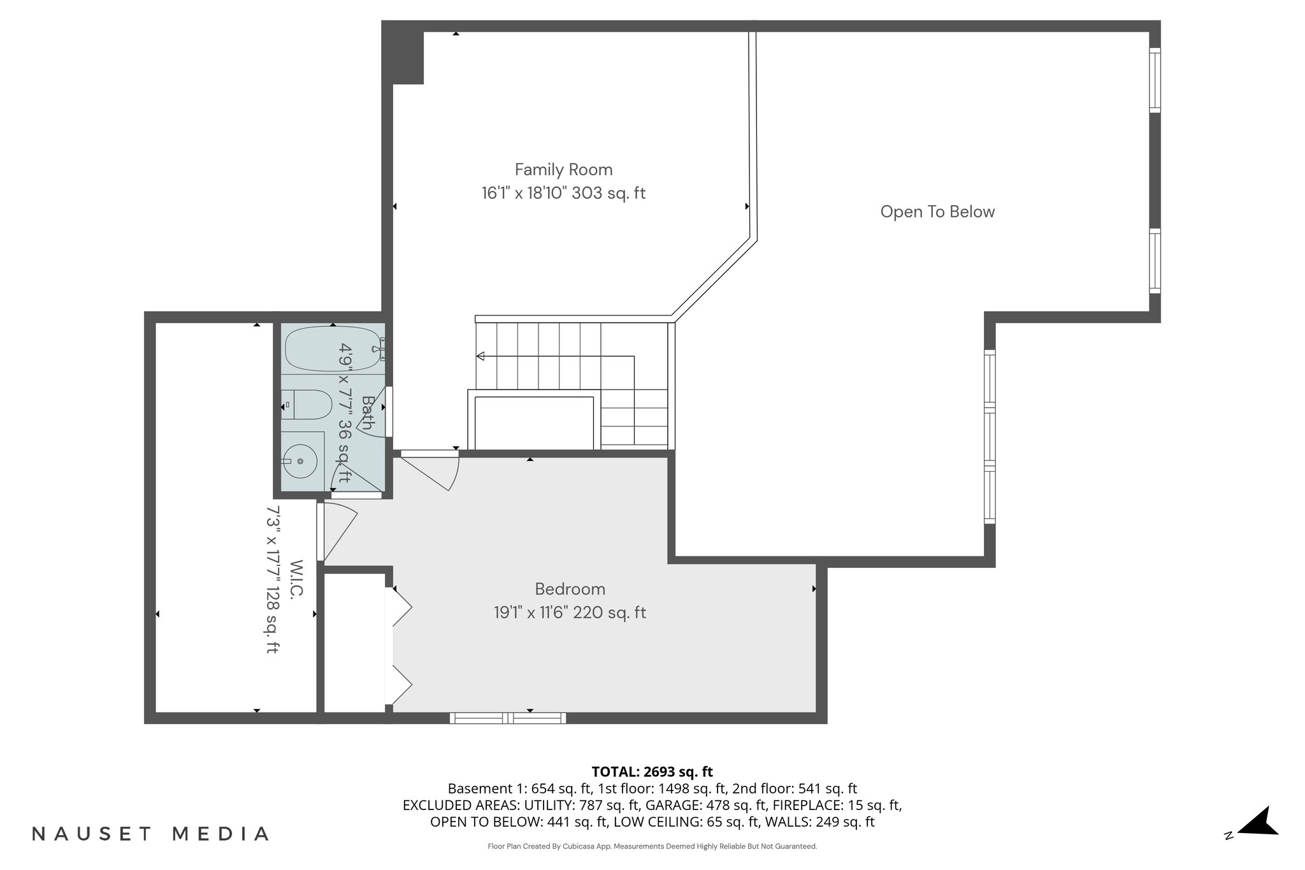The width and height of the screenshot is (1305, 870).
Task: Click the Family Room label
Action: [563, 170]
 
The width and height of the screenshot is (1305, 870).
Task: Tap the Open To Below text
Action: [937, 212]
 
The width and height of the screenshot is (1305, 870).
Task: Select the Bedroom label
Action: [570, 589]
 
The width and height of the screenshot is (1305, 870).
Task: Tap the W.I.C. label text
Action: [296, 579]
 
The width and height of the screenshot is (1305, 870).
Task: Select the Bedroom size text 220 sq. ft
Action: [609, 613]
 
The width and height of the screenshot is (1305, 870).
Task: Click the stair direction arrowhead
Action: [480, 356]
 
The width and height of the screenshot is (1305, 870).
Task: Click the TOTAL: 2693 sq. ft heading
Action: [652, 771]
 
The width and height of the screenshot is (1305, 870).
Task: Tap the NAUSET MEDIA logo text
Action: [150, 834]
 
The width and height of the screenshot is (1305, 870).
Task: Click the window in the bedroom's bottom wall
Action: [508, 718]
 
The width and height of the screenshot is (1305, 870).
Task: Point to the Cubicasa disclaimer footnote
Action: [652, 846]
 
